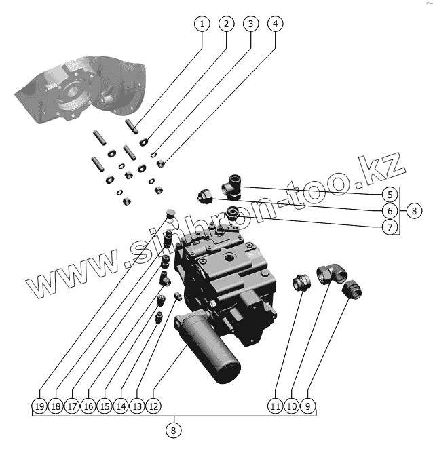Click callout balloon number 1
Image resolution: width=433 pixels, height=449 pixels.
click(201, 24)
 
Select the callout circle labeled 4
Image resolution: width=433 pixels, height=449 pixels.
click(274, 24)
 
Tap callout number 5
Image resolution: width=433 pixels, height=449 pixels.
click(389, 193)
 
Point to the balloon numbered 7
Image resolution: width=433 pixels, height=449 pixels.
click(389, 227)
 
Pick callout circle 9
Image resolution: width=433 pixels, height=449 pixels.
click(309, 406)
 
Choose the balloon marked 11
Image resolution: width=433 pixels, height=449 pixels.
click(274, 406)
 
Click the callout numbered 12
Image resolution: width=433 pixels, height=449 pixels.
click(154, 406)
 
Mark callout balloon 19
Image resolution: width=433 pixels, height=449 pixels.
click(39, 406)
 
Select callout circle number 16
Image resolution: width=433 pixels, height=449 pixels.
click(88, 406)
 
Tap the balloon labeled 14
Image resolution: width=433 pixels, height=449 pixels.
click(121, 406)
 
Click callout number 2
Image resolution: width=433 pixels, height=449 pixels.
click(225, 24)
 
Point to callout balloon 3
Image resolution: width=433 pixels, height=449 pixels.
click(250, 24)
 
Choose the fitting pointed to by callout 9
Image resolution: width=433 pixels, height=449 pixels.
click(352, 290)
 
